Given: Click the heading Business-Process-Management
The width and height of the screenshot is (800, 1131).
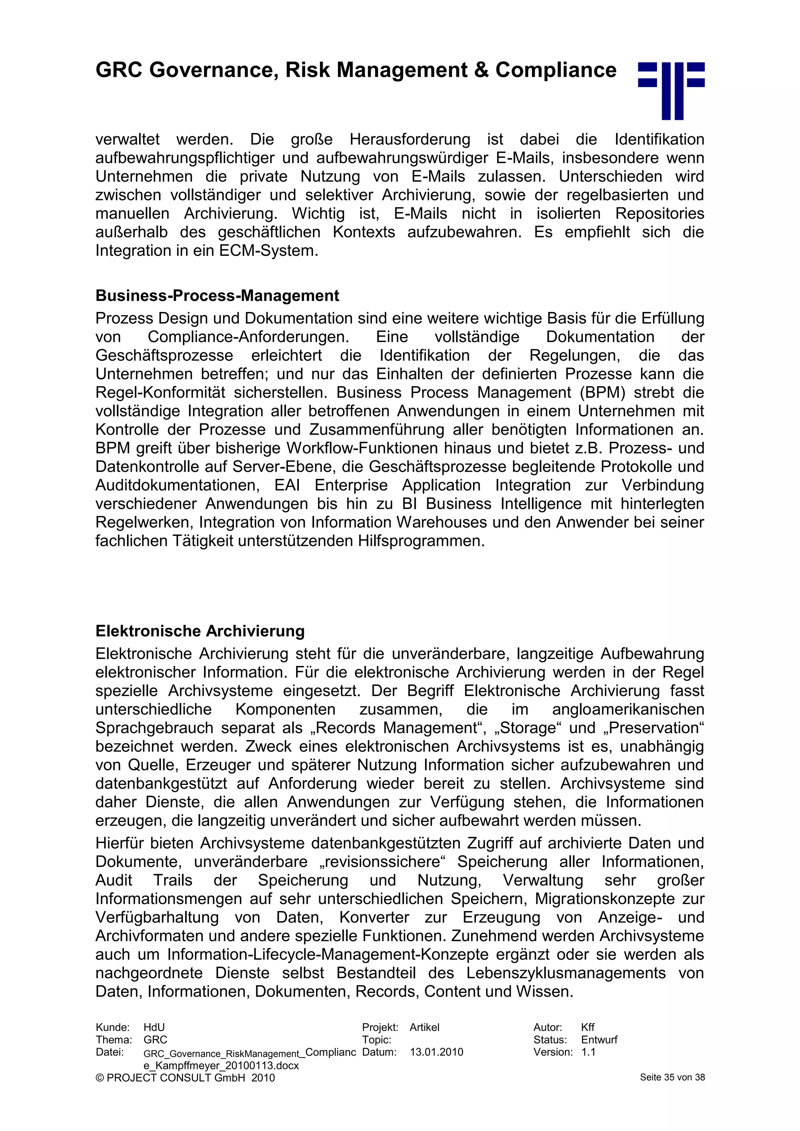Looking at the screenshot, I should coord(217,296).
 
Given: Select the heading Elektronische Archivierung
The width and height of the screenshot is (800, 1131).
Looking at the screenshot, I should coord(200,631).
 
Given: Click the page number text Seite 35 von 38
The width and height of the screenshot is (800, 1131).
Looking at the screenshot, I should coord(672,1077).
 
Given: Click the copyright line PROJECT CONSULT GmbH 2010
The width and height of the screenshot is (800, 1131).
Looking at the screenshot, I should coord(185,1078).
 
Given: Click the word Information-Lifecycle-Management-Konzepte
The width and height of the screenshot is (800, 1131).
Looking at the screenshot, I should coord(327,954).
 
